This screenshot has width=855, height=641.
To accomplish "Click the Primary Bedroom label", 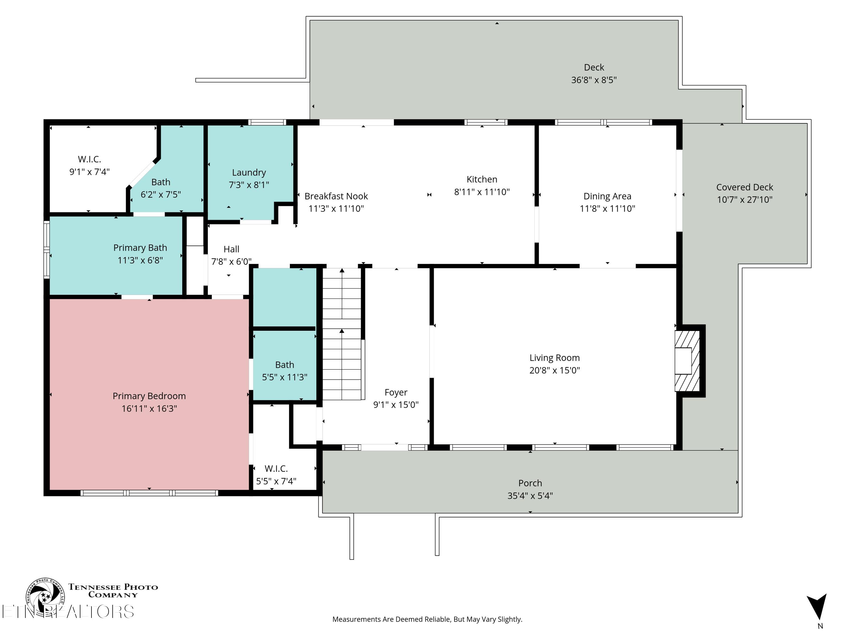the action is (x=149, y=396).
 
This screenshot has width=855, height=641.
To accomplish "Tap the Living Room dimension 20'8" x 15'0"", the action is (x=555, y=370).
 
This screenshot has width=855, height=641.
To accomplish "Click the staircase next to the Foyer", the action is (x=342, y=334).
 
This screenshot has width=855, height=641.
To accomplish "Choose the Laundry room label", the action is (x=249, y=172).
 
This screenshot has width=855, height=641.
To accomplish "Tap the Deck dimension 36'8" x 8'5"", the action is (x=594, y=80).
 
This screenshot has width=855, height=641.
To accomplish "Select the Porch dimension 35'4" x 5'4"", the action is (x=530, y=496).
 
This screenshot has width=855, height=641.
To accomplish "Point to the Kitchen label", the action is (x=482, y=179).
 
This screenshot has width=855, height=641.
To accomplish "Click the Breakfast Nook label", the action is (x=336, y=196).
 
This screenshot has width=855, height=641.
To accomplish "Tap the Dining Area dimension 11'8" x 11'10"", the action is (x=608, y=209).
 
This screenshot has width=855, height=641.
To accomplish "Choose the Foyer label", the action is (x=396, y=393).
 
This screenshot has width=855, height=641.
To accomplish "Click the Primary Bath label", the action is (x=140, y=248).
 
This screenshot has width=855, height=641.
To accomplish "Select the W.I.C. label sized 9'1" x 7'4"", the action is (x=89, y=159).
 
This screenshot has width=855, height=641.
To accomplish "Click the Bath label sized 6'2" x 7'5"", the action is (x=161, y=182).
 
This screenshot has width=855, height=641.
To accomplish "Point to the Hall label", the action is (x=231, y=249).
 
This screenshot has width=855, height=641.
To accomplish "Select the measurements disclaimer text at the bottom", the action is (x=427, y=619).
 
